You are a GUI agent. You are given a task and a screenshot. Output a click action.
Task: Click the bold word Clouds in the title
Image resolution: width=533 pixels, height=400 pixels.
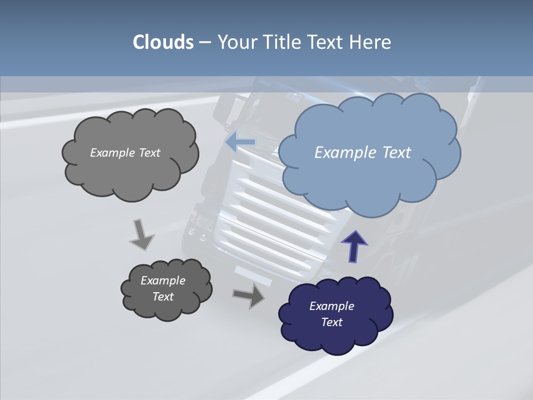163,42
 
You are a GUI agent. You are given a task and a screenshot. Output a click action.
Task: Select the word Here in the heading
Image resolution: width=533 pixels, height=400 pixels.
371,42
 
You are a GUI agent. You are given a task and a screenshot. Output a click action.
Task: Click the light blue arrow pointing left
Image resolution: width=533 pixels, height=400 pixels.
240,142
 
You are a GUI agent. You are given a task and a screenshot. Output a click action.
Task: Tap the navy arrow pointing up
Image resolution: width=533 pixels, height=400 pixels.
354,246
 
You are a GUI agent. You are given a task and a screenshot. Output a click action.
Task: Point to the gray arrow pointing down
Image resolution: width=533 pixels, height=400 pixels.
142,234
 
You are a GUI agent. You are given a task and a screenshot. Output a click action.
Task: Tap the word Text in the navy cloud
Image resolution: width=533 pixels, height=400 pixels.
332,322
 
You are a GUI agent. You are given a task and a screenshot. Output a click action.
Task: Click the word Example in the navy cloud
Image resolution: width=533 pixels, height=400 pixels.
331,306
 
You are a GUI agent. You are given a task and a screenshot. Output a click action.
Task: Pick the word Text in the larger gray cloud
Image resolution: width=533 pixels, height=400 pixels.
149,153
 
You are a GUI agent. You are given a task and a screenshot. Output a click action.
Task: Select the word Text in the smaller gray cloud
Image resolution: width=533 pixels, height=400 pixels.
163,297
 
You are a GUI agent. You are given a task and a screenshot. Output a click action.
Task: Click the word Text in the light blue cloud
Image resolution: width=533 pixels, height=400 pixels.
396,153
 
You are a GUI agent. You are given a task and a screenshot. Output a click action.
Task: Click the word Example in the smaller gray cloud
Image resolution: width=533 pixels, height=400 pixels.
163,281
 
